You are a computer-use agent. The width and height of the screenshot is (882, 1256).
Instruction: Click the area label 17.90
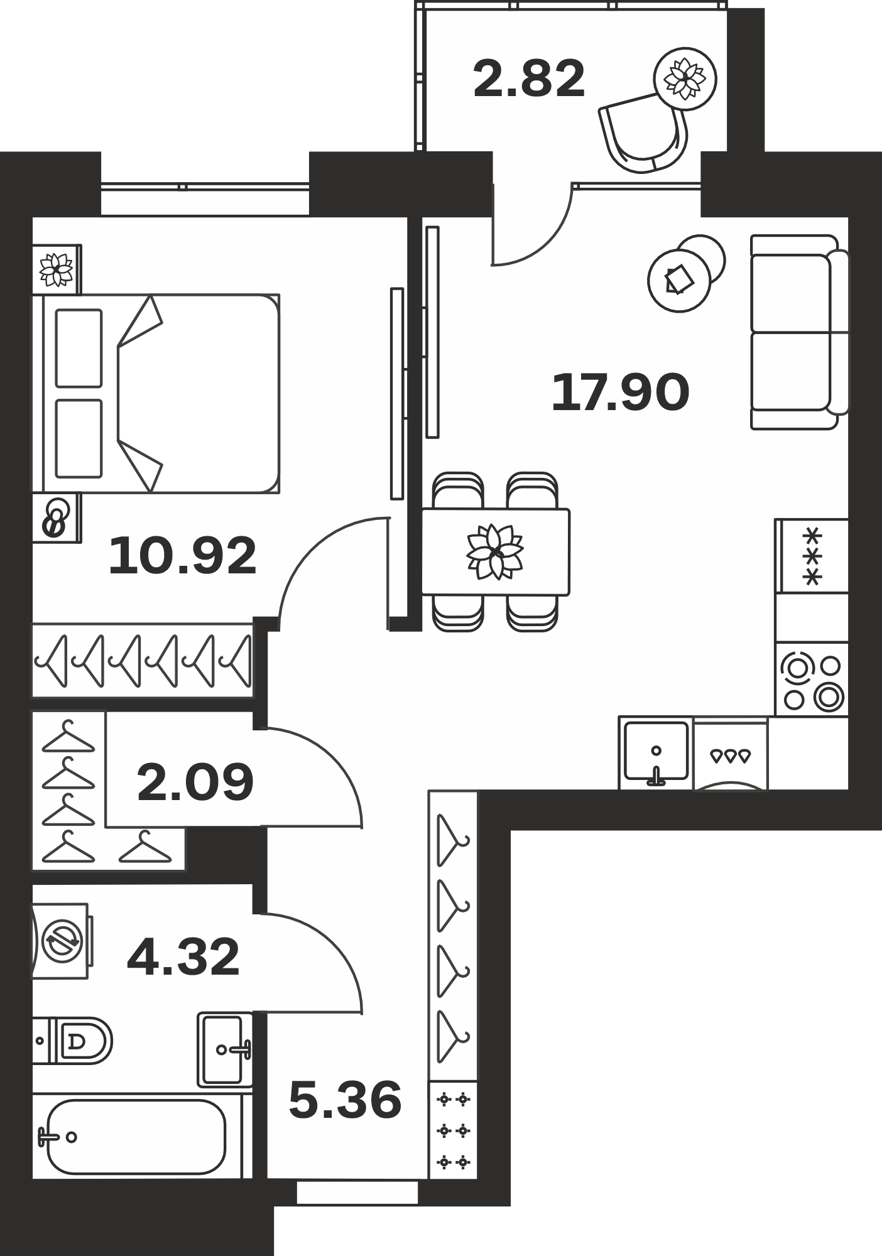pyautogui.click(x=621, y=392)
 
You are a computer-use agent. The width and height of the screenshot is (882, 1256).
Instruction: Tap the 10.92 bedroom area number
pyautogui.click(x=183, y=556)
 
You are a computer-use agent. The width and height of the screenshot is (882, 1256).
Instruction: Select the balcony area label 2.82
pyautogui.click(x=529, y=78)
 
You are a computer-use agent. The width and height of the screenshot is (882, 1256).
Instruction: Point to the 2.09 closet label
pyautogui.click(x=195, y=782)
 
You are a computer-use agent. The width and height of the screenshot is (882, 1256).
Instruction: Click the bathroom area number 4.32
pyautogui.click(x=183, y=957)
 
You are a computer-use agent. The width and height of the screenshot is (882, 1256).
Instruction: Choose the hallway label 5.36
pyautogui.click(x=345, y=1100)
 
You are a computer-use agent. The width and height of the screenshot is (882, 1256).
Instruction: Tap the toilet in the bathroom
pyautogui.click(x=72, y=1041)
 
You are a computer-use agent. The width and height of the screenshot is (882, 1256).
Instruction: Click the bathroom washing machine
pyautogui.click(x=61, y=941)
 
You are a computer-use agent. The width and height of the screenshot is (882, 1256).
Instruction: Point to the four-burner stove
pyautogui.click(x=812, y=679)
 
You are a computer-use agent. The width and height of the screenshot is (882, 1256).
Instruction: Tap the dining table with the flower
pyautogui.click(x=495, y=552)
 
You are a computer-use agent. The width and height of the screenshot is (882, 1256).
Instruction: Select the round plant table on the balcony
pyautogui.click(x=685, y=79)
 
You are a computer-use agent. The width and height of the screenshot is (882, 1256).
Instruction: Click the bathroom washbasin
pyautogui.click(x=225, y=1049)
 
